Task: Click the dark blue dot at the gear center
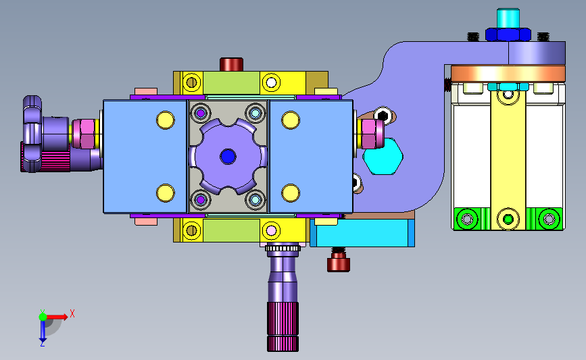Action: (228, 157)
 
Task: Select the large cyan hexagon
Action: (383, 156)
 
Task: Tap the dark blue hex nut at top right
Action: (508, 34)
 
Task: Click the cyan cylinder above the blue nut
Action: (508, 18)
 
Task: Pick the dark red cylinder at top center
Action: (231, 64)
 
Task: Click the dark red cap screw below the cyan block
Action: (339, 262)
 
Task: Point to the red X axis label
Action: (72, 313)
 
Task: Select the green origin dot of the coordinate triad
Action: (43, 317)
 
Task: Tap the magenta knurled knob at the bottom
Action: (283, 326)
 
